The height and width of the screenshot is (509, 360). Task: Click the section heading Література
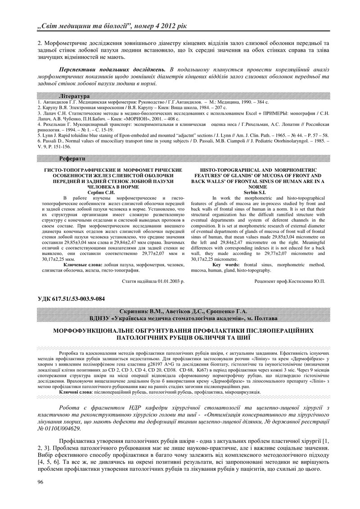pyautogui.click(x=74, y=97)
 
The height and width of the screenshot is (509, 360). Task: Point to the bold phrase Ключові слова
pyautogui.click(x=75, y=392)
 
